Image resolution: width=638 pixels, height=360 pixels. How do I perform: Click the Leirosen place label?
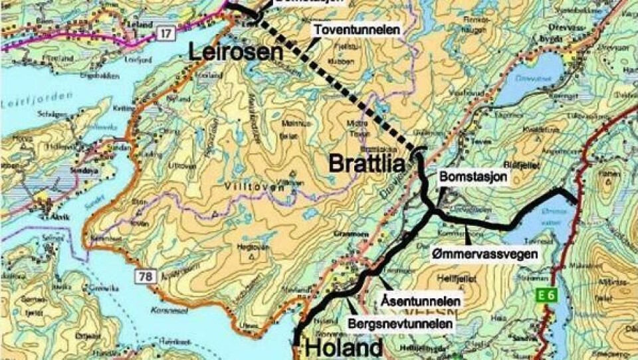coord(233,52)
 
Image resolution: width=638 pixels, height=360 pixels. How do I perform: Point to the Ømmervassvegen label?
coord(483,254)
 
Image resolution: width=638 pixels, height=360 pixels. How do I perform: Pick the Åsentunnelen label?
coord(421,301)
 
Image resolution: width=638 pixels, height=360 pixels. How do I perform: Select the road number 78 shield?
coord(146,274)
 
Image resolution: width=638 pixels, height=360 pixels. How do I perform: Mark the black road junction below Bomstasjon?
coord(433,212)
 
